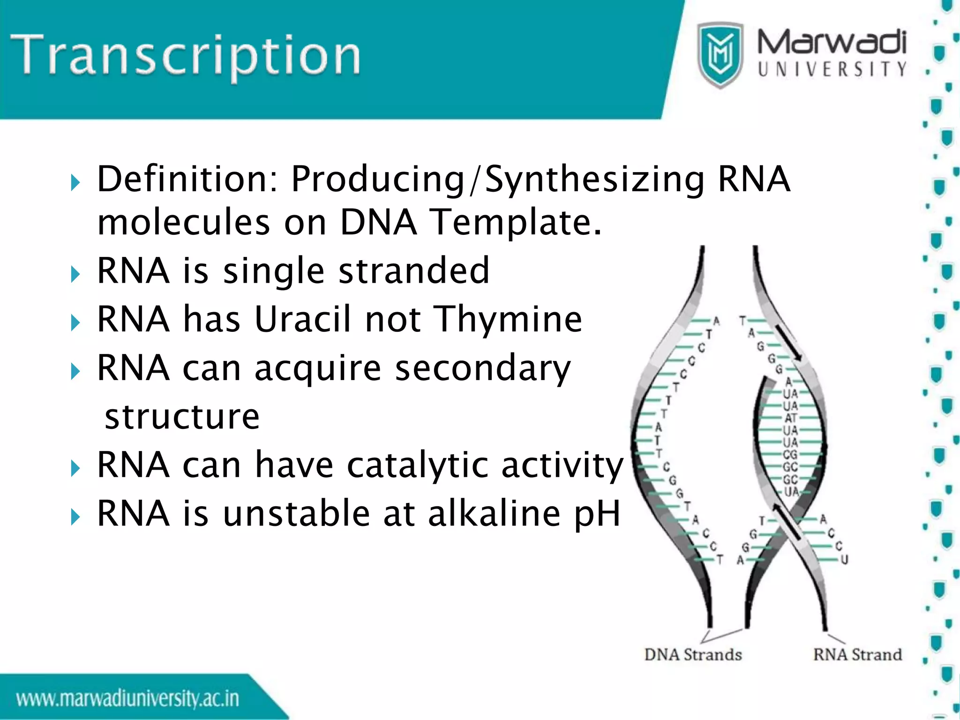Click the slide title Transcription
185,56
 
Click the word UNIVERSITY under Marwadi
832,69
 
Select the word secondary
483,368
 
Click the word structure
182,417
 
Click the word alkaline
494,514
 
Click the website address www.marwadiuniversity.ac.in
127,699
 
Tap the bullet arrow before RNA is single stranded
75,274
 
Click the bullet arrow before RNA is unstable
75,517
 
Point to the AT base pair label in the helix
790,418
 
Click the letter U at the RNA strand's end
844,560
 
